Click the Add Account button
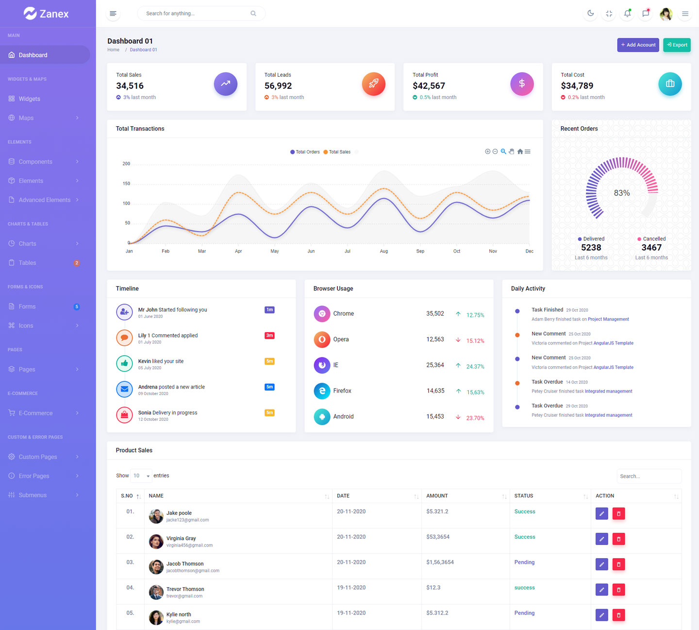point(638,45)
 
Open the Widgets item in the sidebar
point(29,99)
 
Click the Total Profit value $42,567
point(429,86)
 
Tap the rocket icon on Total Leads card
point(373,84)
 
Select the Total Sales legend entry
point(339,152)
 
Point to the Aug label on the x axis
point(383,251)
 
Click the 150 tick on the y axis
point(126,184)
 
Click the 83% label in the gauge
point(622,193)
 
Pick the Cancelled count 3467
point(651,248)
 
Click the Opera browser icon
point(322,340)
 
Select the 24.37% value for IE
point(475,367)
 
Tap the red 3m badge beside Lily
point(269,336)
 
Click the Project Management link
point(608,319)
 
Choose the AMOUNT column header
point(437,496)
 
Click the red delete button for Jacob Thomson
point(618,564)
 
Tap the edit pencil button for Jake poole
point(601,513)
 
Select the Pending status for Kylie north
point(524,613)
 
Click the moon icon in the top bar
point(590,14)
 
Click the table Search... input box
point(649,476)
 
